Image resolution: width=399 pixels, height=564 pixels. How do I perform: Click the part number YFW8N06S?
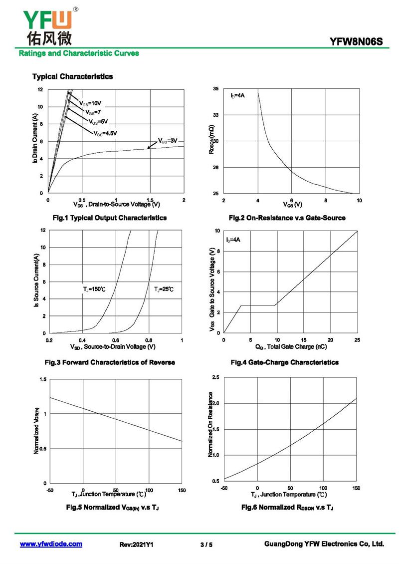tap(356, 42)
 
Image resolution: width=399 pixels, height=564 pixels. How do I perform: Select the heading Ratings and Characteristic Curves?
tap(79, 53)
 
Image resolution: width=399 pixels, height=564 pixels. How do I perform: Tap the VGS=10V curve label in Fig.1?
tap(90, 104)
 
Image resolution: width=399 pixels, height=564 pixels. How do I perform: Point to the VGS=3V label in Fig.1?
tap(168, 141)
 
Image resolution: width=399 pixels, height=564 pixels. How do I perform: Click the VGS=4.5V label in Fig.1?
tap(105, 133)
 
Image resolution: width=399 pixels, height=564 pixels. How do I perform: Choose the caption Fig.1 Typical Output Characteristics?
tap(110, 218)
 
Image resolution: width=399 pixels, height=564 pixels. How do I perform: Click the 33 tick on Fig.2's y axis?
tap(215, 115)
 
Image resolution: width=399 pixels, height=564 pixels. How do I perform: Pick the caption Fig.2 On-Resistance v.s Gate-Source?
tap(287, 218)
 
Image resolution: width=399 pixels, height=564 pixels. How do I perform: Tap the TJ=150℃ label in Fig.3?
tap(95, 289)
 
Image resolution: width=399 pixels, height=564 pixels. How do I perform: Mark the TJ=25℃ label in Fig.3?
tap(164, 289)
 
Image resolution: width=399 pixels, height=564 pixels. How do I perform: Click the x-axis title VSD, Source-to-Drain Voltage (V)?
tap(113, 347)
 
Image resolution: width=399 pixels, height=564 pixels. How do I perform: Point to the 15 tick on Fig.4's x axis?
tap(304, 340)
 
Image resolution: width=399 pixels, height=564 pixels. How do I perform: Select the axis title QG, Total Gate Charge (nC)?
tap(291, 347)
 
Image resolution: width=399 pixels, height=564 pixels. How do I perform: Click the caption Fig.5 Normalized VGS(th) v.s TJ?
tap(113, 507)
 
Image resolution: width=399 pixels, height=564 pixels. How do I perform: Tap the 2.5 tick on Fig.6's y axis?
tap(215, 377)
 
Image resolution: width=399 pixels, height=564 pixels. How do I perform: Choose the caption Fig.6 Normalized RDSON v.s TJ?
tap(288, 507)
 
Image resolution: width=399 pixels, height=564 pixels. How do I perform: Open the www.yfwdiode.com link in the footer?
tap(51, 544)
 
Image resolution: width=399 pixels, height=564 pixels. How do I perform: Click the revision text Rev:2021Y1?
tap(136, 545)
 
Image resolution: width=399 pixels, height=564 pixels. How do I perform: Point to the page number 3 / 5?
tap(206, 545)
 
